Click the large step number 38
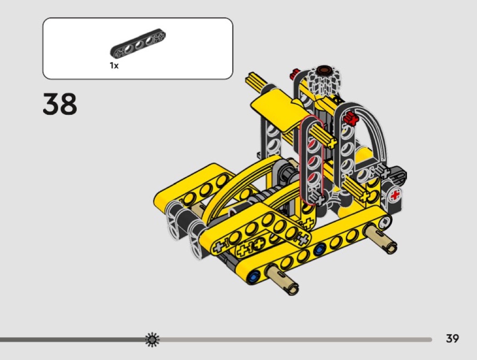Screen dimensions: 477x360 [x=60, y=104]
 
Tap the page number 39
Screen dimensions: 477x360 [x=452, y=338]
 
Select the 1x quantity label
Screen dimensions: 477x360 [x=114, y=65]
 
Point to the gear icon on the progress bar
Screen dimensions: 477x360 [x=152, y=340]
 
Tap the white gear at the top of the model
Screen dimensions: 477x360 [x=324, y=79]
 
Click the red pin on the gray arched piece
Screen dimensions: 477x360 [x=351, y=118]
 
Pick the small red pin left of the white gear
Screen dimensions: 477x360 [x=294, y=73]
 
